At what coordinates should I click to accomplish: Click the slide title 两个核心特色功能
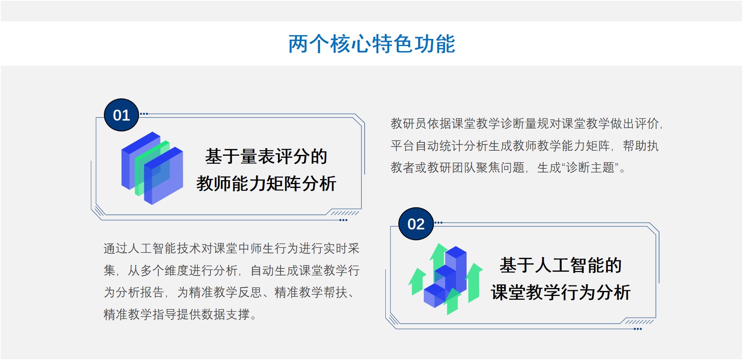[371, 44]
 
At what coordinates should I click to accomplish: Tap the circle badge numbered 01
[121, 115]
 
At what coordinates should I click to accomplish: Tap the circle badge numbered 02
[416, 224]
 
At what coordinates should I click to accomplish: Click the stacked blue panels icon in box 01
[152, 168]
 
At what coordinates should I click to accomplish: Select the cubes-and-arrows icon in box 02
[446, 278]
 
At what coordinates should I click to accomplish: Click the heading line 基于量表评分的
[266, 157]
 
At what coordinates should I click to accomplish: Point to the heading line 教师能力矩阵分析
[266, 184]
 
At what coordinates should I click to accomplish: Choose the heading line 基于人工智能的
[560, 265]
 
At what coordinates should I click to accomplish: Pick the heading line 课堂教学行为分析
[560, 293]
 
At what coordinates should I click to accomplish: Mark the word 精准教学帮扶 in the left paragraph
[311, 292]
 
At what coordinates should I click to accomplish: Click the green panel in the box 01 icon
[152, 168]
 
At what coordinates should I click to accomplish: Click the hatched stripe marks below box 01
[345, 213]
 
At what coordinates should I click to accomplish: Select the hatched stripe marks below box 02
[640, 322]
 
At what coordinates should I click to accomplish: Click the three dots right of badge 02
[439, 223]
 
